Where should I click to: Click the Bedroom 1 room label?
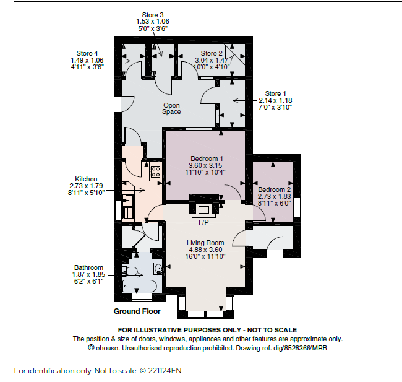207,158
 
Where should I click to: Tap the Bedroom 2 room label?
275,189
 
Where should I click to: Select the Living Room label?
205,243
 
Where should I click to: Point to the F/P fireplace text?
203,222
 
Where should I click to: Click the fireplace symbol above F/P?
204,210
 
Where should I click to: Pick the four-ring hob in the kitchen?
156,171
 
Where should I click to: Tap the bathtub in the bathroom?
140,286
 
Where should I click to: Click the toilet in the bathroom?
130,271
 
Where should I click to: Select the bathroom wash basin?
158,268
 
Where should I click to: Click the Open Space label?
171,108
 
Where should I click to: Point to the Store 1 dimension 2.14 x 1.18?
275,100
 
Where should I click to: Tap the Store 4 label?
87,53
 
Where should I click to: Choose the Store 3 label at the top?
153,15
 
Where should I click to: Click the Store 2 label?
212,53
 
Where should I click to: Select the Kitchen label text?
86,179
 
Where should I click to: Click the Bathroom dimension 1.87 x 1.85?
88,274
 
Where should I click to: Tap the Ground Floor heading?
137,311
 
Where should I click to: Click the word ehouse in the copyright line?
107,349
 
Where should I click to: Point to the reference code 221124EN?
165,371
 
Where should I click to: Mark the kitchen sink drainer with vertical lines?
127,213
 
